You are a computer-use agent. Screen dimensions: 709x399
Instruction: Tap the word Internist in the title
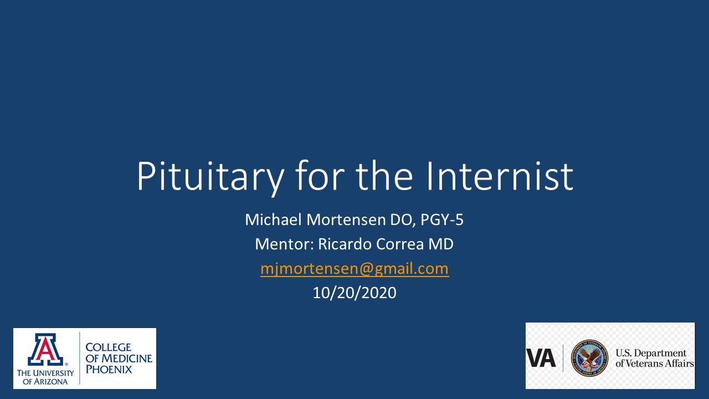pyautogui.click(x=500, y=176)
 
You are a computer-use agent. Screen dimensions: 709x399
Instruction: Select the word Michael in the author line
pyautogui.click(x=273, y=219)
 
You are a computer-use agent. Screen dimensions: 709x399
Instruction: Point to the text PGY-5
pyautogui.click(x=442, y=219)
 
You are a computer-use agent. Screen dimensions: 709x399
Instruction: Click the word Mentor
pyautogui.click(x=284, y=244)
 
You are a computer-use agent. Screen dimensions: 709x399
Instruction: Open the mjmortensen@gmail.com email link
pyautogui.click(x=354, y=269)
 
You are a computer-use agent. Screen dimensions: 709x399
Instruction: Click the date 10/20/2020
pyautogui.click(x=354, y=293)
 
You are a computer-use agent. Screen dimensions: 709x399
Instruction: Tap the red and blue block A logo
pyautogui.click(x=45, y=349)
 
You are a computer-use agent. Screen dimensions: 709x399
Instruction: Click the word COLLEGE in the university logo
pyautogui.click(x=108, y=347)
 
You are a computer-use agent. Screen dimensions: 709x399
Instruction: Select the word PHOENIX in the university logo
pyautogui.click(x=109, y=369)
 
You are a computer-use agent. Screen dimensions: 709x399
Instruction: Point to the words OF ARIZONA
pyautogui.click(x=45, y=382)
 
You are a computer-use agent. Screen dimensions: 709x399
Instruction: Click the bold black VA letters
pyautogui.click(x=541, y=358)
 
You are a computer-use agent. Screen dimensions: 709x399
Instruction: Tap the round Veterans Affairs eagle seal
pyautogui.click(x=590, y=358)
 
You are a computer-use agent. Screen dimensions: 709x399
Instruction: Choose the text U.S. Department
pyautogui.click(x=651, y=353)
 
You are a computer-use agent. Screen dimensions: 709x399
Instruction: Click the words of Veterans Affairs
pyautogui.click(x=655, y=363)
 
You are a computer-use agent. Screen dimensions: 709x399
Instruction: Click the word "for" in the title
pyautogui.click(x=320, y=175)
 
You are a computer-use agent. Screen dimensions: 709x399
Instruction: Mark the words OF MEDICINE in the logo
pyautogui.click(x=119, y=358)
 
